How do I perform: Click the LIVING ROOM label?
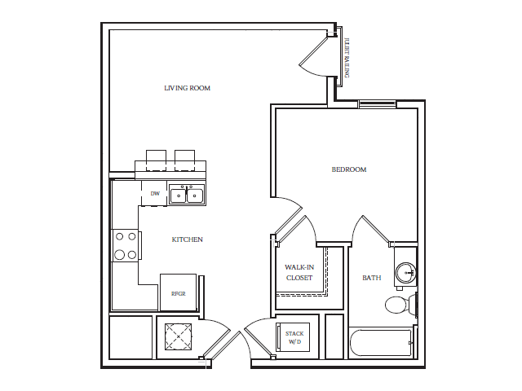(x=188, y=88)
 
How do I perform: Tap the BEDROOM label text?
(x=349, y=169)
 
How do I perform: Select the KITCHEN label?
(x=187, y=239)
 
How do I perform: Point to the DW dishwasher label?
(x=154, y=194)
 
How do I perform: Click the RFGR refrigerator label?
(x=178, y=293)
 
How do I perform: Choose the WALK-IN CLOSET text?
(x=299, y=272)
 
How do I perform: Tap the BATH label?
(x=371, y=278)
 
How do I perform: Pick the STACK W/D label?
(x=294, y=337)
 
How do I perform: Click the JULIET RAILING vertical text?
(x=347, y=57)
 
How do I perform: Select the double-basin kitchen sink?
(x=187, y=195)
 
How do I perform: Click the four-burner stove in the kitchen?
(x=125, y=245)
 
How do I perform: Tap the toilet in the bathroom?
(x=399, y=305)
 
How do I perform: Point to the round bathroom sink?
(x=405, y=273)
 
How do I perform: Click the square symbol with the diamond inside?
(x=179, y=336)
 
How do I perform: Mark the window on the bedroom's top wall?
(x=377, y=103)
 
